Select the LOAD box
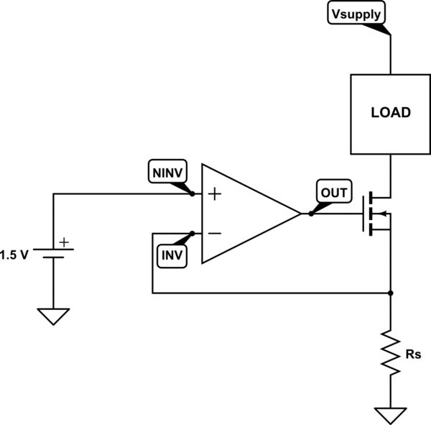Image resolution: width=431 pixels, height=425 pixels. click(x=390, y=113)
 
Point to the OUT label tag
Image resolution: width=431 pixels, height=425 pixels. click(x=333, y=193)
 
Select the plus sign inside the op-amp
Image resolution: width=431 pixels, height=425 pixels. click(x=213, y=194)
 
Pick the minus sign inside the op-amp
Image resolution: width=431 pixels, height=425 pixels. click(x=213, y=234)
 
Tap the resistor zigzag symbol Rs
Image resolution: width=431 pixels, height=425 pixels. click(x=390, y=352)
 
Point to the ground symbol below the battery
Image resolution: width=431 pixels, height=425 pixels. click(x=54, y=316)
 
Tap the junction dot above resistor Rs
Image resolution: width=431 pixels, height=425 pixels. click(x=390, y=293)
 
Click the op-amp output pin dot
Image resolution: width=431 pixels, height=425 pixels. click(x=310, y=214)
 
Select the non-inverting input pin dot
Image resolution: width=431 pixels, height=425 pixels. click(x=193, y=194)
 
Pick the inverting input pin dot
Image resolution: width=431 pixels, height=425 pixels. click(x=193, y=234)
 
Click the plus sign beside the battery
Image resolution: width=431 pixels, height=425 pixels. click(x=65, y=243)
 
